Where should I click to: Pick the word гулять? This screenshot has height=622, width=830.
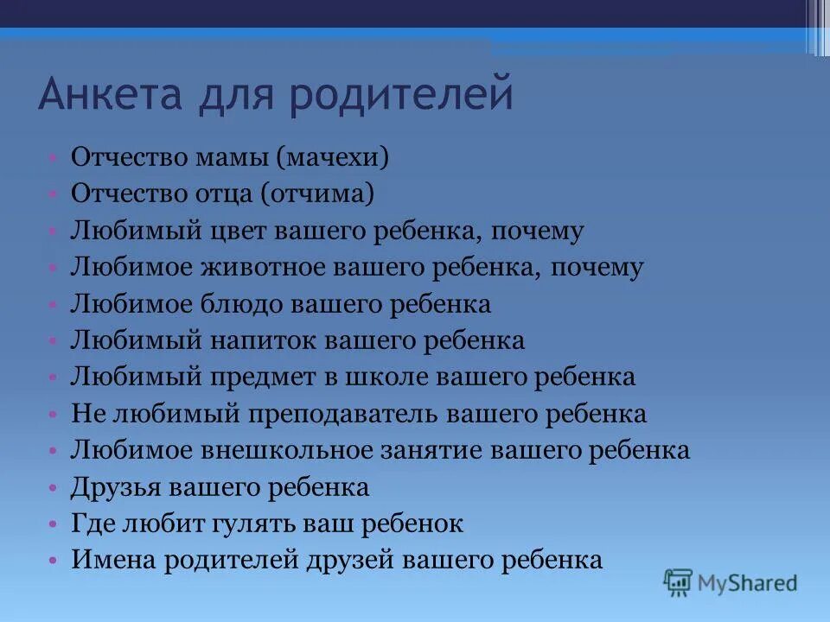coord(257,524)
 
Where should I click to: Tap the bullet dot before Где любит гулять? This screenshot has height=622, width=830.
coord(54,524)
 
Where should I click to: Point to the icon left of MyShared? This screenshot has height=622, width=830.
coord(678,582)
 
